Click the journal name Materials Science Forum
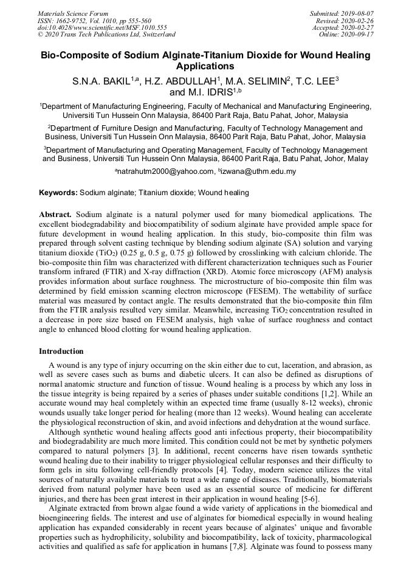[x=73, y=13]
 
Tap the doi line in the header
[x=101, y=27]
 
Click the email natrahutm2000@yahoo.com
[x=167, y=171]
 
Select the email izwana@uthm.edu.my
[x=258, y=171]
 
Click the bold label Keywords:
[x=58, y=193]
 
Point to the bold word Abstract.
[x=55, y=215]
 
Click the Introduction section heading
[x=61, y=351]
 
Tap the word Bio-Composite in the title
[x=75, y=55]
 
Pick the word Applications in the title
[x=205, y=66]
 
